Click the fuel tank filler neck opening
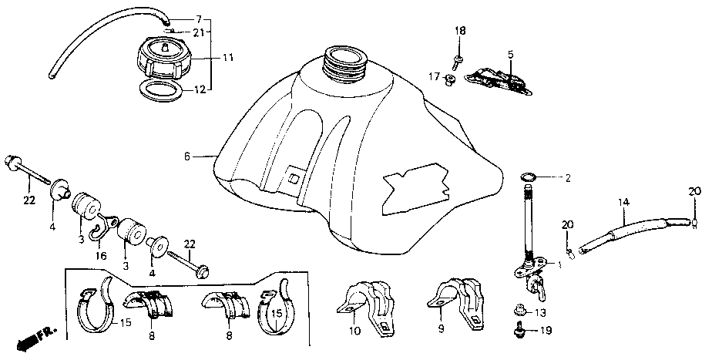click(x=344, y=56)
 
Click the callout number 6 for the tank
click(x=186, y=156)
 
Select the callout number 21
click(x=198, y=32)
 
